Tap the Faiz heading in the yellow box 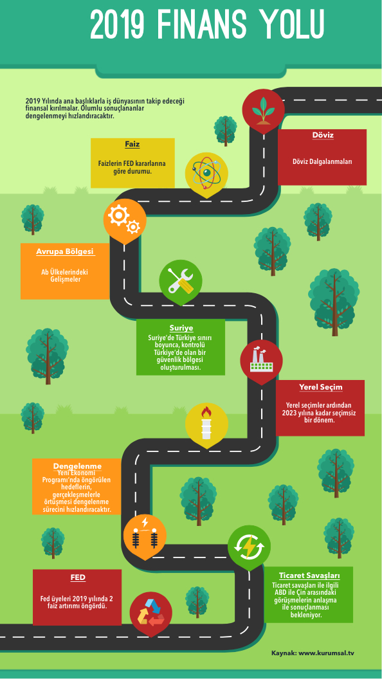tap(132, 144)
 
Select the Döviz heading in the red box tap(323, 135)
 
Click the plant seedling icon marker tap(263, 111)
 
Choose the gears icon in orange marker tap(124, 220)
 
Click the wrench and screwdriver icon tap(181, 280)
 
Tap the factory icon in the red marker tap(261, 361)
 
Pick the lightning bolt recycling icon tap(249, 546)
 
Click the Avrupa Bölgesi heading tap(65, 251)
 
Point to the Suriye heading tap(181, 328)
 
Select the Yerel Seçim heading tap(320, 386)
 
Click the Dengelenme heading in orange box tap(78, 466)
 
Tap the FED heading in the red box tap(78, 577)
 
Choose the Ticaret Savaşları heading tap(309, 575)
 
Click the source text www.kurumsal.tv tap(326, 653)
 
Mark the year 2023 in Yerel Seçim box tap(289, 413)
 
